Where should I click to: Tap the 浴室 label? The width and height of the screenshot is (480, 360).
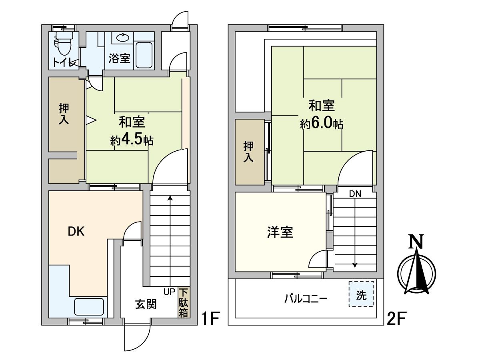[x=119, y=58]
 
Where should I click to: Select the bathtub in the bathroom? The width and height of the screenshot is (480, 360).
[x=144, y=55]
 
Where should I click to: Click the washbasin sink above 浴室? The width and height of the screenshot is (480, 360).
[x=122, y=38]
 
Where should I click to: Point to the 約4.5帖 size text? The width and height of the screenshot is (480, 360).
[x=132, y=140]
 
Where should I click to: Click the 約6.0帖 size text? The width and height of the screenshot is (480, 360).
[x=322, y=124]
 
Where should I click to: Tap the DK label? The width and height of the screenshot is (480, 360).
[x=76, y=232]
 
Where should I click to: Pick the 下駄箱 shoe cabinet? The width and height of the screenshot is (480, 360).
[x=183, y=303]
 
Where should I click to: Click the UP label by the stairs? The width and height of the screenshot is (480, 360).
[x=169, y=292]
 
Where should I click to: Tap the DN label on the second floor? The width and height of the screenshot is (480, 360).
[x=355, y=194]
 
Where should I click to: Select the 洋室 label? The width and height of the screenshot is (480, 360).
[x=280, y=232]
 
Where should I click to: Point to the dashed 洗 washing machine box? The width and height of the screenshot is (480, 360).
[x=361, y=294]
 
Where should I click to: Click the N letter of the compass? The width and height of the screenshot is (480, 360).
[x=416, y=242]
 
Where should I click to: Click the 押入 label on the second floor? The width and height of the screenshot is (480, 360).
[x=249, y=152]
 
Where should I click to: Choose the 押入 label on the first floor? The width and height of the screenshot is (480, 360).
[x=64, y=114]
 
